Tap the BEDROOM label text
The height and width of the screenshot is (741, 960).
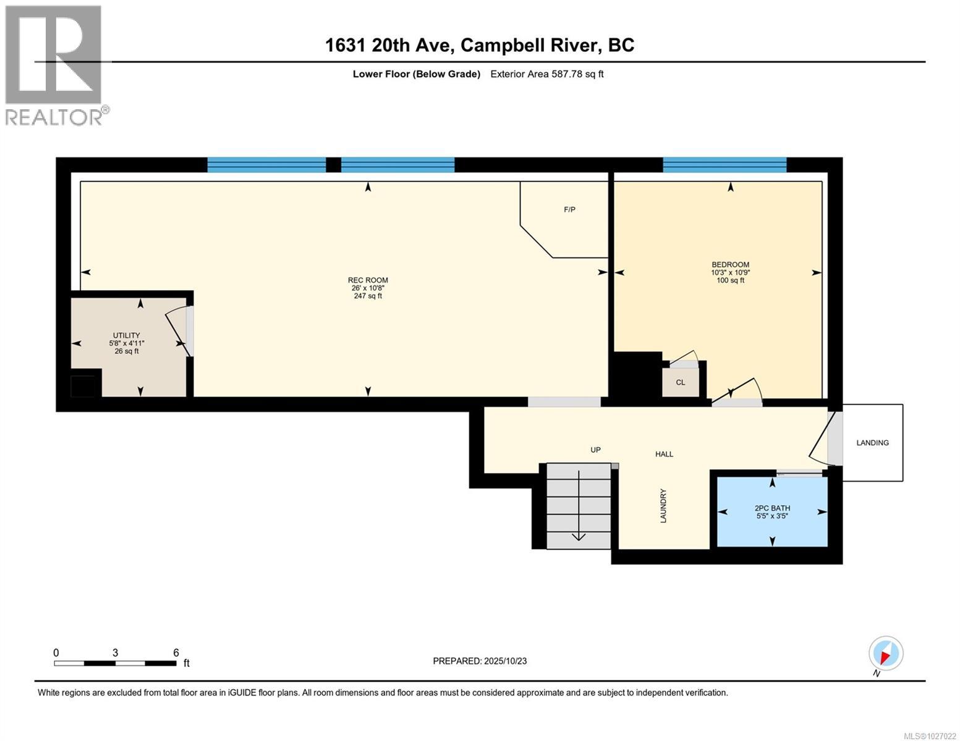click(x=730, y=264)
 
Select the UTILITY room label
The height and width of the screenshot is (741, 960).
click(x=126, y=335)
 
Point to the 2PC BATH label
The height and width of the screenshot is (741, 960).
click(x=772, y=508)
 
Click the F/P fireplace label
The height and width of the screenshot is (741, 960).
click(x=569, y=210)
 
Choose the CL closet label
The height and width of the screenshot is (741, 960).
click(x=680, y=382)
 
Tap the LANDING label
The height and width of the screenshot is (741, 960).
click(x=872, y=443)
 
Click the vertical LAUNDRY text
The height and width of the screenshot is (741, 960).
click(x=663, y=506)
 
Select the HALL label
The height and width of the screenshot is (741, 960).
click(x=664, y=454)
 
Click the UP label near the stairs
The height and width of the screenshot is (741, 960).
click(x=595, y=450)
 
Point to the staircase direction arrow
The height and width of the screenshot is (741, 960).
click(x=579, y=506)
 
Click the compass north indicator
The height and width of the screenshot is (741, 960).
click(x=885, y=653)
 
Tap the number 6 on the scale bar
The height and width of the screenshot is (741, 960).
click(x=176, y=653)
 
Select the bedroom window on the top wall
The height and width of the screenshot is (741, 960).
click(x=724, y=165)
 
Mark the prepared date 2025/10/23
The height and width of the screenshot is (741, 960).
click(x=480, y=661)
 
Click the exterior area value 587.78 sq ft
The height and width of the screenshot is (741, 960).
click(x=546, y=74)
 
